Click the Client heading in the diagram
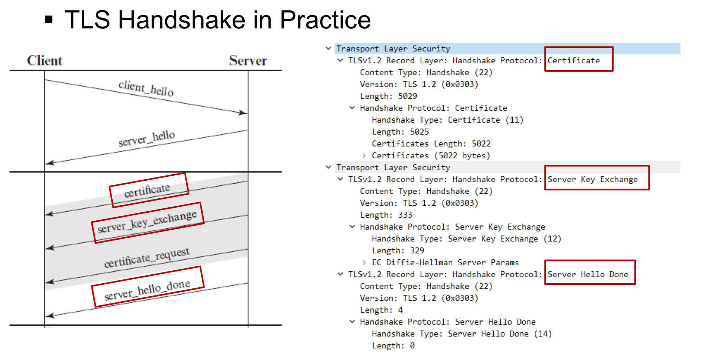(45, 60)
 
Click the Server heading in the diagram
(248, 60)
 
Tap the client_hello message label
(146, 89)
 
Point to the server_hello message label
(147, 139)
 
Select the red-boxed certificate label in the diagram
(147, 191)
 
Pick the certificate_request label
(147, 257)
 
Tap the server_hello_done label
(147, 290)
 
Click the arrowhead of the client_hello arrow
(244, 113)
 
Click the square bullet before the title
(49, 19)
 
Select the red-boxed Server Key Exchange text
(593, 179)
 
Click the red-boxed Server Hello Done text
(588, 274)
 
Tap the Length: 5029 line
(389, 96)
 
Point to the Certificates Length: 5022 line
(431, 144)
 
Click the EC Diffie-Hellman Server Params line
(445, 262)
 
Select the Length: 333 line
(386, 215)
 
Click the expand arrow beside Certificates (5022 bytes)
(364, 156)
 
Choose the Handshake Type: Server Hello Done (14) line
(462, 334)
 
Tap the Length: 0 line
(393, 346)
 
